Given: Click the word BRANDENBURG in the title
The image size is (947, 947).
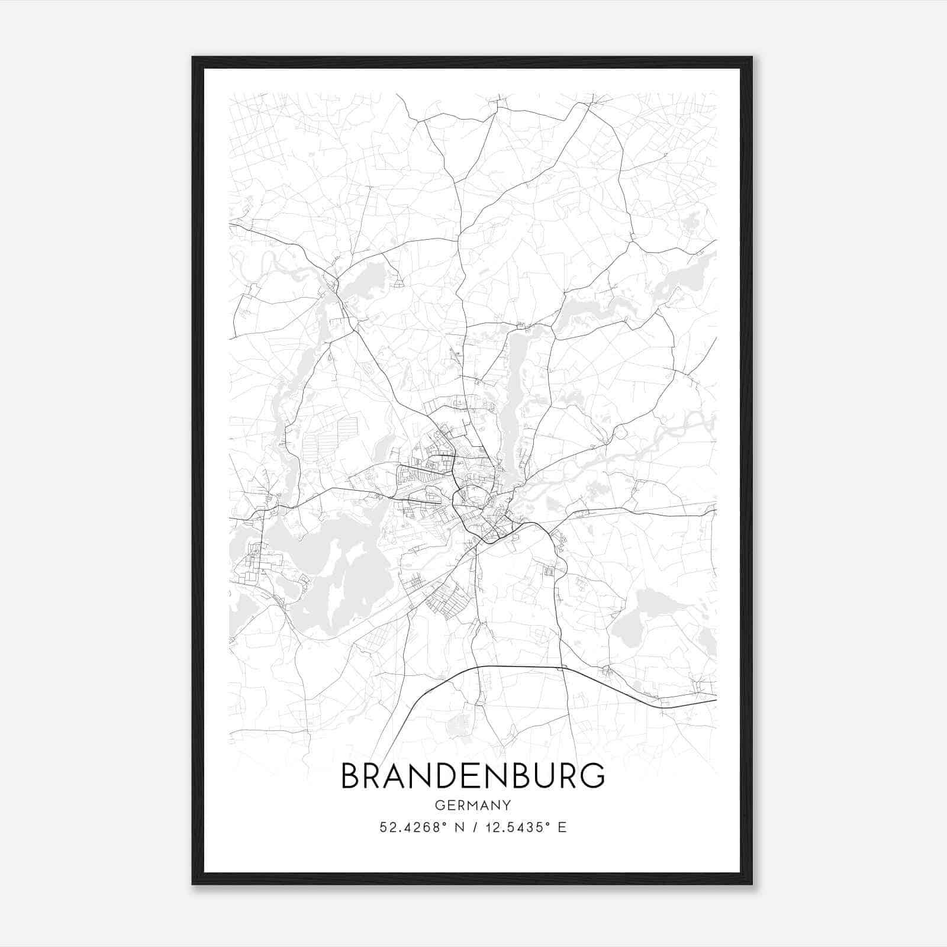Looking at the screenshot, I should (473, 776).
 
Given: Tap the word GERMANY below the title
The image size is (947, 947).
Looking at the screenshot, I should (473, 805).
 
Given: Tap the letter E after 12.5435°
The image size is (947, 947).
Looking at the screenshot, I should (562, 827).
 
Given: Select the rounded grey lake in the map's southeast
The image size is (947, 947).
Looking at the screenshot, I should (633, 627).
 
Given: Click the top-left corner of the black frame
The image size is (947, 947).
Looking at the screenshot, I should (193, 58).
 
